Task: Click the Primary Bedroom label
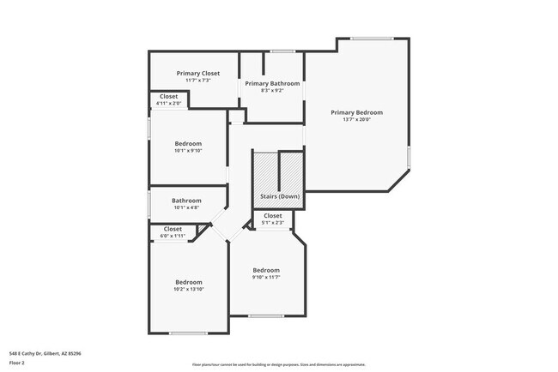(x=356, y=112)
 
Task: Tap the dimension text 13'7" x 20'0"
(x=356, y=120)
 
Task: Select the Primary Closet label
(x=198, y=74)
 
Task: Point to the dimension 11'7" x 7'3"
(x=198, y=81)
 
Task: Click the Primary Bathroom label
(x=272, y=83)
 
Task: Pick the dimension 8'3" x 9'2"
(x=272, y=90)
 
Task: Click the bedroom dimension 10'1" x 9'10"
(x=188, y=151)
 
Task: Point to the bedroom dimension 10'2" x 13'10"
(x=189, y=290)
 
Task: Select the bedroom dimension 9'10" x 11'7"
(x=266, y=277)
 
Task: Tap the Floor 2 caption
(x=17, y=363)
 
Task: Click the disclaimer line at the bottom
(x=278, y=364)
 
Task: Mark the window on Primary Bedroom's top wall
(x=372, y=38)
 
